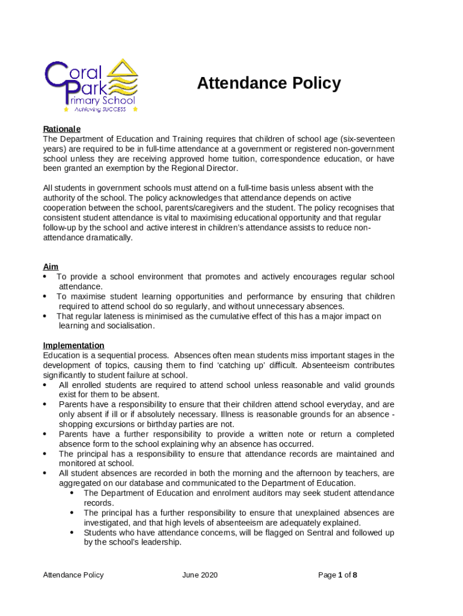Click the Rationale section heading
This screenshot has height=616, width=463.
coord(61,129)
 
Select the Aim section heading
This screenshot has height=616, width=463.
coord(51,266)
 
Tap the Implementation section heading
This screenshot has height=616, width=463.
coord(73,345)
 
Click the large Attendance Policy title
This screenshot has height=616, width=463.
coord(269,83)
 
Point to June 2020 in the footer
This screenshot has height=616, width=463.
coord(200,575)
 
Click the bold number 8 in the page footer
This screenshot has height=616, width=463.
coord(355,575)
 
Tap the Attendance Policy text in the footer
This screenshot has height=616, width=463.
coord(73,575)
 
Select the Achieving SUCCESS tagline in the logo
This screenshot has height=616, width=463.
coord(100,109)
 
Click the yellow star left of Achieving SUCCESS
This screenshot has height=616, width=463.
coord(66,110)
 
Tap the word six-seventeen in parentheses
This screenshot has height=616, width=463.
coord(369,139)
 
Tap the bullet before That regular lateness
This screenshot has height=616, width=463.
coord(46,316)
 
